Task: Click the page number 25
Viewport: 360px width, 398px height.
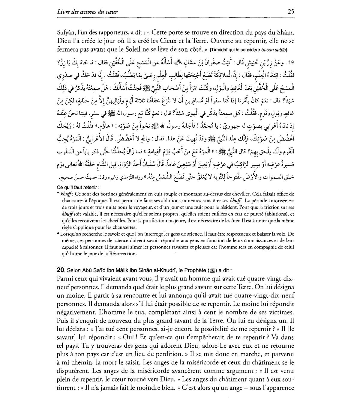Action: (290, 12)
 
